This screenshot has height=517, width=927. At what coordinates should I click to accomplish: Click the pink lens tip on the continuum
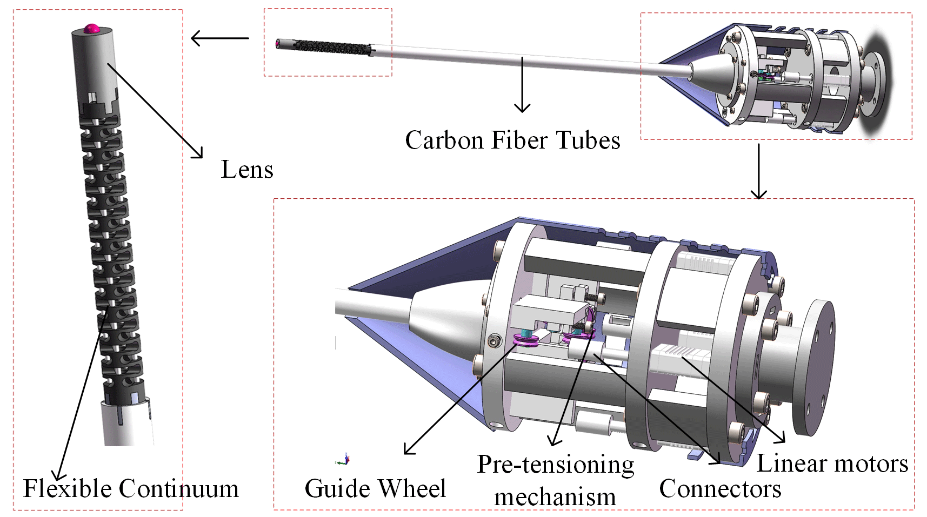click(x=91, y=28)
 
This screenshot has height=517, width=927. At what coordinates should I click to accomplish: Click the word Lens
click(x=247, y=170)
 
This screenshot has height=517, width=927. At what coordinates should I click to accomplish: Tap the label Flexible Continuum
click(x=131, y=488)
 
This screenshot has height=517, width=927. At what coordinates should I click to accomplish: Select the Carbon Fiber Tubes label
click(x=512, y=140)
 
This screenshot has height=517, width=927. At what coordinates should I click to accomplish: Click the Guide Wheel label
click(x=375, y=488)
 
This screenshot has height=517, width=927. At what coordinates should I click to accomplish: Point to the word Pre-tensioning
click(x=556, y=465)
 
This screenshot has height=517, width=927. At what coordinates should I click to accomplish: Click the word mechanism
click(x=555, y=497)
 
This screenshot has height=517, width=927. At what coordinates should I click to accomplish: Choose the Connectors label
click(x=720, y=488)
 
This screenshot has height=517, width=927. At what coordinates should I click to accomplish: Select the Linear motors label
click(x=832, y=464)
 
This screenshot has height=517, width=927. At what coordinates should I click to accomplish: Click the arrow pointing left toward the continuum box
click(x=219, y=38)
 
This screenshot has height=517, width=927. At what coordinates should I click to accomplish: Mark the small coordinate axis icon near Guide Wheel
click(x=344, y=460)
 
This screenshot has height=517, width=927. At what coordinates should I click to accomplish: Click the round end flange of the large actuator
click(x=816, y=367)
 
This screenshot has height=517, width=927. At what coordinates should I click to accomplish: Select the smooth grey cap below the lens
click(x=94, y=59)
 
